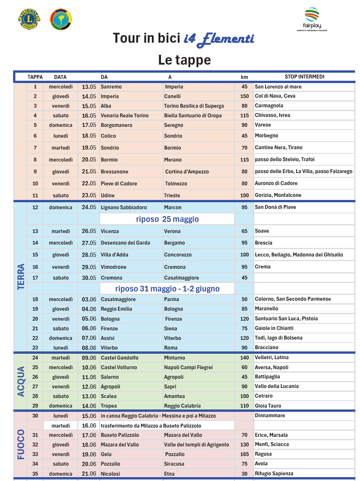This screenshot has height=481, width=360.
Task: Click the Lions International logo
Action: (x=30, y=20)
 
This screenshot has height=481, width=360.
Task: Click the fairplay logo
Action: (x=312, y=19)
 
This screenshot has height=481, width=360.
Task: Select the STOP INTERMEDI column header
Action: (x=304, y=77)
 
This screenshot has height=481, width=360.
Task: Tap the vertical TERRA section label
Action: (x=21, y=276)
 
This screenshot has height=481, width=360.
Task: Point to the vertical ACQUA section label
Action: (x=21, y=381)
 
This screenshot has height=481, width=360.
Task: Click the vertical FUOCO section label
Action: (x=21, y=444)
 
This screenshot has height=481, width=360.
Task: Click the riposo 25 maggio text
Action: (x=167, y=219)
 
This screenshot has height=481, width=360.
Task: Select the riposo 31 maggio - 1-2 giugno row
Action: (x=167, y=288)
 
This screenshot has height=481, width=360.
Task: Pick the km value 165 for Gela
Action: (x=244, y=454)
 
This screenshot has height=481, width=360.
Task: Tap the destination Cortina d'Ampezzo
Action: (x=187, y=171)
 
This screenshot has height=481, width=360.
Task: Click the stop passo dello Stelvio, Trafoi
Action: (x=285, y=159)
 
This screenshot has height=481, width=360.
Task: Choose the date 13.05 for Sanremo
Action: (x=89, y=87)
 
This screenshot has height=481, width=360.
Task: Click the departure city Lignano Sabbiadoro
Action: (x=124, y=207)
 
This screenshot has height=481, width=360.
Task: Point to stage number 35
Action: (x=35, y=474)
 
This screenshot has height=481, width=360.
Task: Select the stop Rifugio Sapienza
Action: (x=274, y=473)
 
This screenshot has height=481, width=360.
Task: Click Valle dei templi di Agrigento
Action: (x=196, y=444)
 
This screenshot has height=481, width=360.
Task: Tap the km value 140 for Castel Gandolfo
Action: (x=244, y=358)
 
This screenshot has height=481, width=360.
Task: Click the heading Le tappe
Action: (x=184, y=60)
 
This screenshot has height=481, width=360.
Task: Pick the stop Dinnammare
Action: (x=270, y=415)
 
